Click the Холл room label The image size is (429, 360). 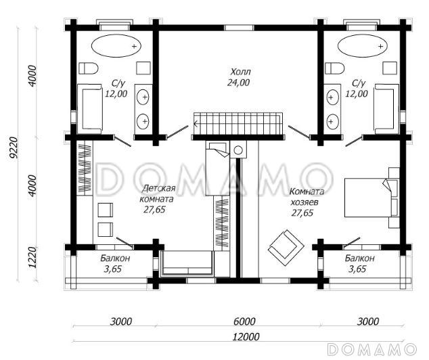[x=240, y=72]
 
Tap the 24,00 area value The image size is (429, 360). [x=238, y=83]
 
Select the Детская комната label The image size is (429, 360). [x=157, y=194]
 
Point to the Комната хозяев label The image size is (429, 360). [x=307, y=197]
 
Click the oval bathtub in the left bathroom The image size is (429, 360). [x=116, y=46]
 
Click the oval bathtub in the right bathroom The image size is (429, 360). [x=363, y=46]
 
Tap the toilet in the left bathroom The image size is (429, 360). [x=89, y=68]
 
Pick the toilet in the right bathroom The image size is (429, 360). [x=335, y=68]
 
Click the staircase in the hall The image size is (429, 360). [x=238, y=124]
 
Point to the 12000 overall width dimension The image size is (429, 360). [x=246, y=337]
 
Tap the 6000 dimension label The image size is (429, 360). [x=244, y=321]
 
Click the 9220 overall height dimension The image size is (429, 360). [x=13, y=148]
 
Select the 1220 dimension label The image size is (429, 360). [x=32, y=258]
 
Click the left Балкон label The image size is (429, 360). [x=115, y=258]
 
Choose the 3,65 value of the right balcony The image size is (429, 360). [x=357, y=269]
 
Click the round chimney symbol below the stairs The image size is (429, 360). [x=238, y=150]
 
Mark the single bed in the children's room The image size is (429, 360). [x=217, y=168]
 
